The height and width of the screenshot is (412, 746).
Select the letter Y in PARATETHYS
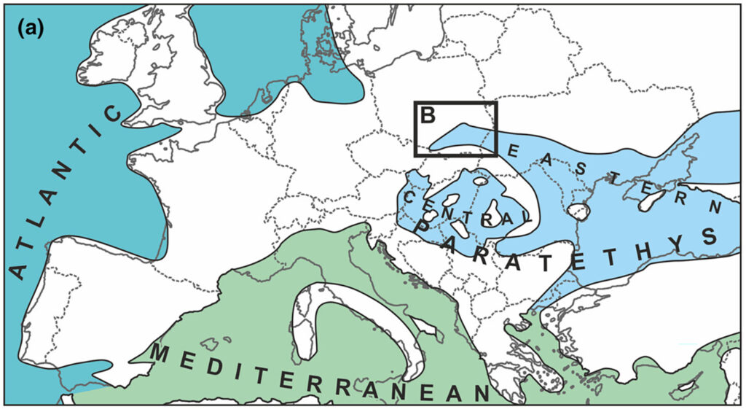click(x=672, y=246)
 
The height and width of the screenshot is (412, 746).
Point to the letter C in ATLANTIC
click(x=114, y=114)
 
